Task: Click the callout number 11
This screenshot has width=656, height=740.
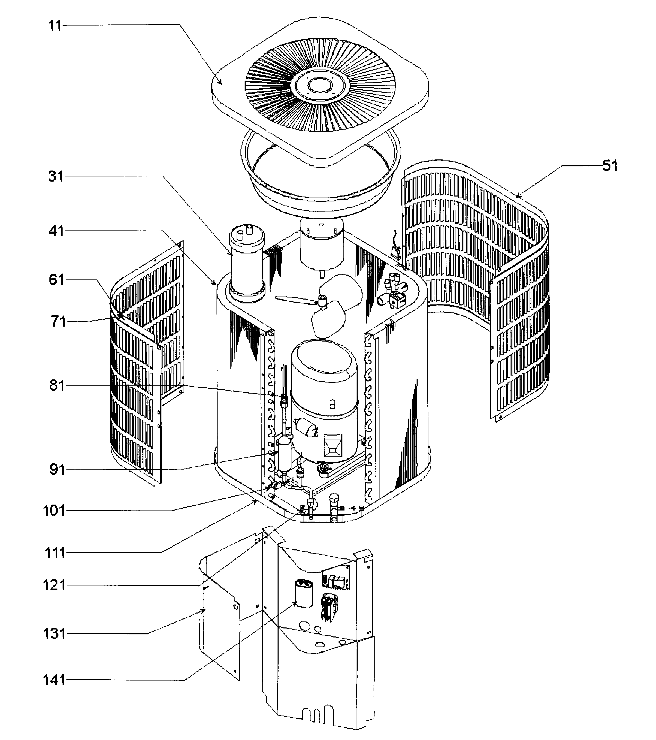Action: [55, 26]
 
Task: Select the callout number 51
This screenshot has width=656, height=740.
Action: [610, 166]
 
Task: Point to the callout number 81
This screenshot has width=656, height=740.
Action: [57, 386]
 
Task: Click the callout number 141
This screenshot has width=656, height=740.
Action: [54, 680]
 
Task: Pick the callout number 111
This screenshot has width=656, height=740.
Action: [55, 553]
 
